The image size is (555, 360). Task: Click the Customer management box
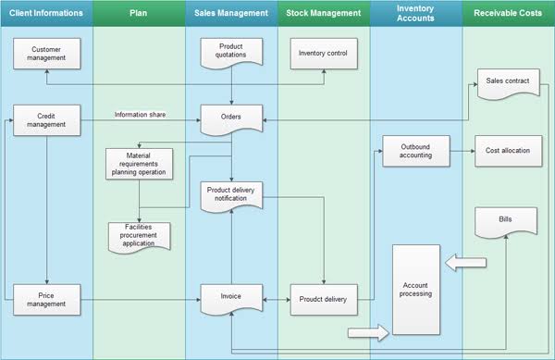click(x=47, y=54)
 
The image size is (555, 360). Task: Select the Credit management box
click(x=47, y=120)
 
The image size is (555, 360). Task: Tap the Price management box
click(x=47, y=300)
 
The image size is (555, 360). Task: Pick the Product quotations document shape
click(x=231, y=53)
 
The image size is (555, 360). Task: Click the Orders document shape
click(x=231, y=119)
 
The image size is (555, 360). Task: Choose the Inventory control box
click(x=324, y=54)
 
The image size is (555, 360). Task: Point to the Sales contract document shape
click(x=508, y=83)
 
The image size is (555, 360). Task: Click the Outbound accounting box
click(x=416, y=151)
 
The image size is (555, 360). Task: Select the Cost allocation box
click(x=508, y=151)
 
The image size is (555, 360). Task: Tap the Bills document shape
click(x=506, y=222)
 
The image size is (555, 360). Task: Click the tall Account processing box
click(x=416, y=290)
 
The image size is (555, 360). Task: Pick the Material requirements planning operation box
click(x=139, y=164)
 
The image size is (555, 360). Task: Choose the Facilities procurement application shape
click(x=139, y=237)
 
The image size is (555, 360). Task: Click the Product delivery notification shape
click(x=231, y=196)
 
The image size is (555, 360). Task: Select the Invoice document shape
click(x=231, y=299)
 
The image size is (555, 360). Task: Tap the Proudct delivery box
click(x=324, y=300)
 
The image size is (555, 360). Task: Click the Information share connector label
click(x=140, y=115)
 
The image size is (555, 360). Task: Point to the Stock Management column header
click(x=324, y=13)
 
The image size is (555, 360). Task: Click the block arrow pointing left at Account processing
click(x=465, y=262)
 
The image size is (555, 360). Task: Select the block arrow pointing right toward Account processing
click(x=368, y=332)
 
